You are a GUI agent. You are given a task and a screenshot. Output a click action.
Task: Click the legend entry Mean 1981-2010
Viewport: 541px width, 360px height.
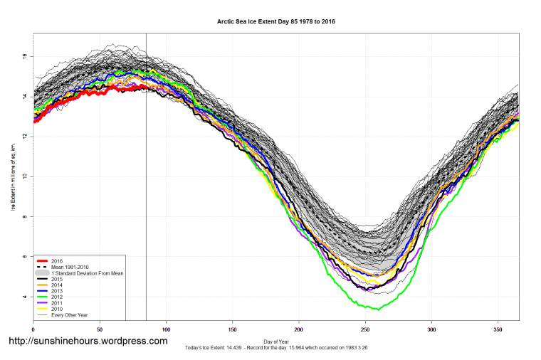click(71, 268)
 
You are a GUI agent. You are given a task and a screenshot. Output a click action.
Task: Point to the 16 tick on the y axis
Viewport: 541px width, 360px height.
click(25, 55)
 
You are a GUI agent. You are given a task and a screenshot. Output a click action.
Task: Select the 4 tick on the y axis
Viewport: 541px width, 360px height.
click(25, 296)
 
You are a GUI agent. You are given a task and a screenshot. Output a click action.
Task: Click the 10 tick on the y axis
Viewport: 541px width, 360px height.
click(25, 176)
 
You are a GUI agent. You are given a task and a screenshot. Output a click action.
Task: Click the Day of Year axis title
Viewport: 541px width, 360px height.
click(275, 341)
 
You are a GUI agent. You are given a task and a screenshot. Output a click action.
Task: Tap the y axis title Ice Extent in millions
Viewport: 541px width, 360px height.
click(12, 176)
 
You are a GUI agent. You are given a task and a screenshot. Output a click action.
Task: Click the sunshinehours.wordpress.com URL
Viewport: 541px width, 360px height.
click(88, 342)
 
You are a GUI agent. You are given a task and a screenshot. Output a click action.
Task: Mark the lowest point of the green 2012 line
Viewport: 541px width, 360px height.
click(379, 309)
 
